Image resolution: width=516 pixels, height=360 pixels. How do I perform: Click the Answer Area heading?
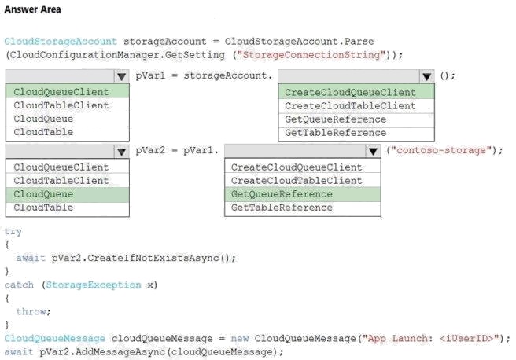pyautogui.click(x=32, y=9)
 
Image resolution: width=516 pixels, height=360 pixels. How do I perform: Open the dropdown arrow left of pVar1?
pyautogui.click(x=120, y=76)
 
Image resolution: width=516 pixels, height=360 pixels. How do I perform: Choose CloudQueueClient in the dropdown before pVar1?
pyautogui.click(x=61, y=93)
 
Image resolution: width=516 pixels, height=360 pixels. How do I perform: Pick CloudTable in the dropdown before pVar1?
pyautogui.click(x=43, y=132)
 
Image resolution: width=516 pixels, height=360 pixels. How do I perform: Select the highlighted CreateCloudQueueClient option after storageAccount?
pyautogui.click(x=350, y=93)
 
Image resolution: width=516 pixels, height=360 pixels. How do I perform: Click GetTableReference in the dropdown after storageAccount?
pyautogui.click(x=335, y=132)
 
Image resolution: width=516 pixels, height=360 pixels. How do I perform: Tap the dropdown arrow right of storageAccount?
pyautogui.click(x=426, y=76)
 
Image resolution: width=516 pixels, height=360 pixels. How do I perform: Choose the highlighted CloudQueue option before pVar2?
pyautogui.click(x=43, y=194)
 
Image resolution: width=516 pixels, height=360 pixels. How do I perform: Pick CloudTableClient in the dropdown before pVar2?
pyautogui.click(x=61, y=181)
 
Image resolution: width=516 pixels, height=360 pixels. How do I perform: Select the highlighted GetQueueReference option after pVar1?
pyautogui.click(x=282, y=194)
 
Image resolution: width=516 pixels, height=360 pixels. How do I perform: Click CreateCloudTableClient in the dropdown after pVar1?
pyautogui.click(x=297, y=181)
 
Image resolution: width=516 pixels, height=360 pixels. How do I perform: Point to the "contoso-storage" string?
pyautogui.click(x=444, y=150)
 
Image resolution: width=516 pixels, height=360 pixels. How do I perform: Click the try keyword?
pyautogui.click(x=13, y=231)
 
